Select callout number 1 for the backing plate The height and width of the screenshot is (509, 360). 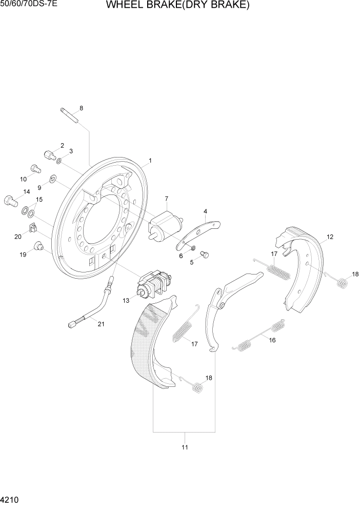click(x=150, y=161)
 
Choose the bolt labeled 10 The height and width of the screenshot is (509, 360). click(x=35, y=168)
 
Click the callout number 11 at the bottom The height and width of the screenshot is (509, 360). click(x=185, y=447)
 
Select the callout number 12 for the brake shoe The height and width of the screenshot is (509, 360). click(x=329, y=237)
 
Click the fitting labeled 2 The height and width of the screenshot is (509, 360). click(x=49, y=154)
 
